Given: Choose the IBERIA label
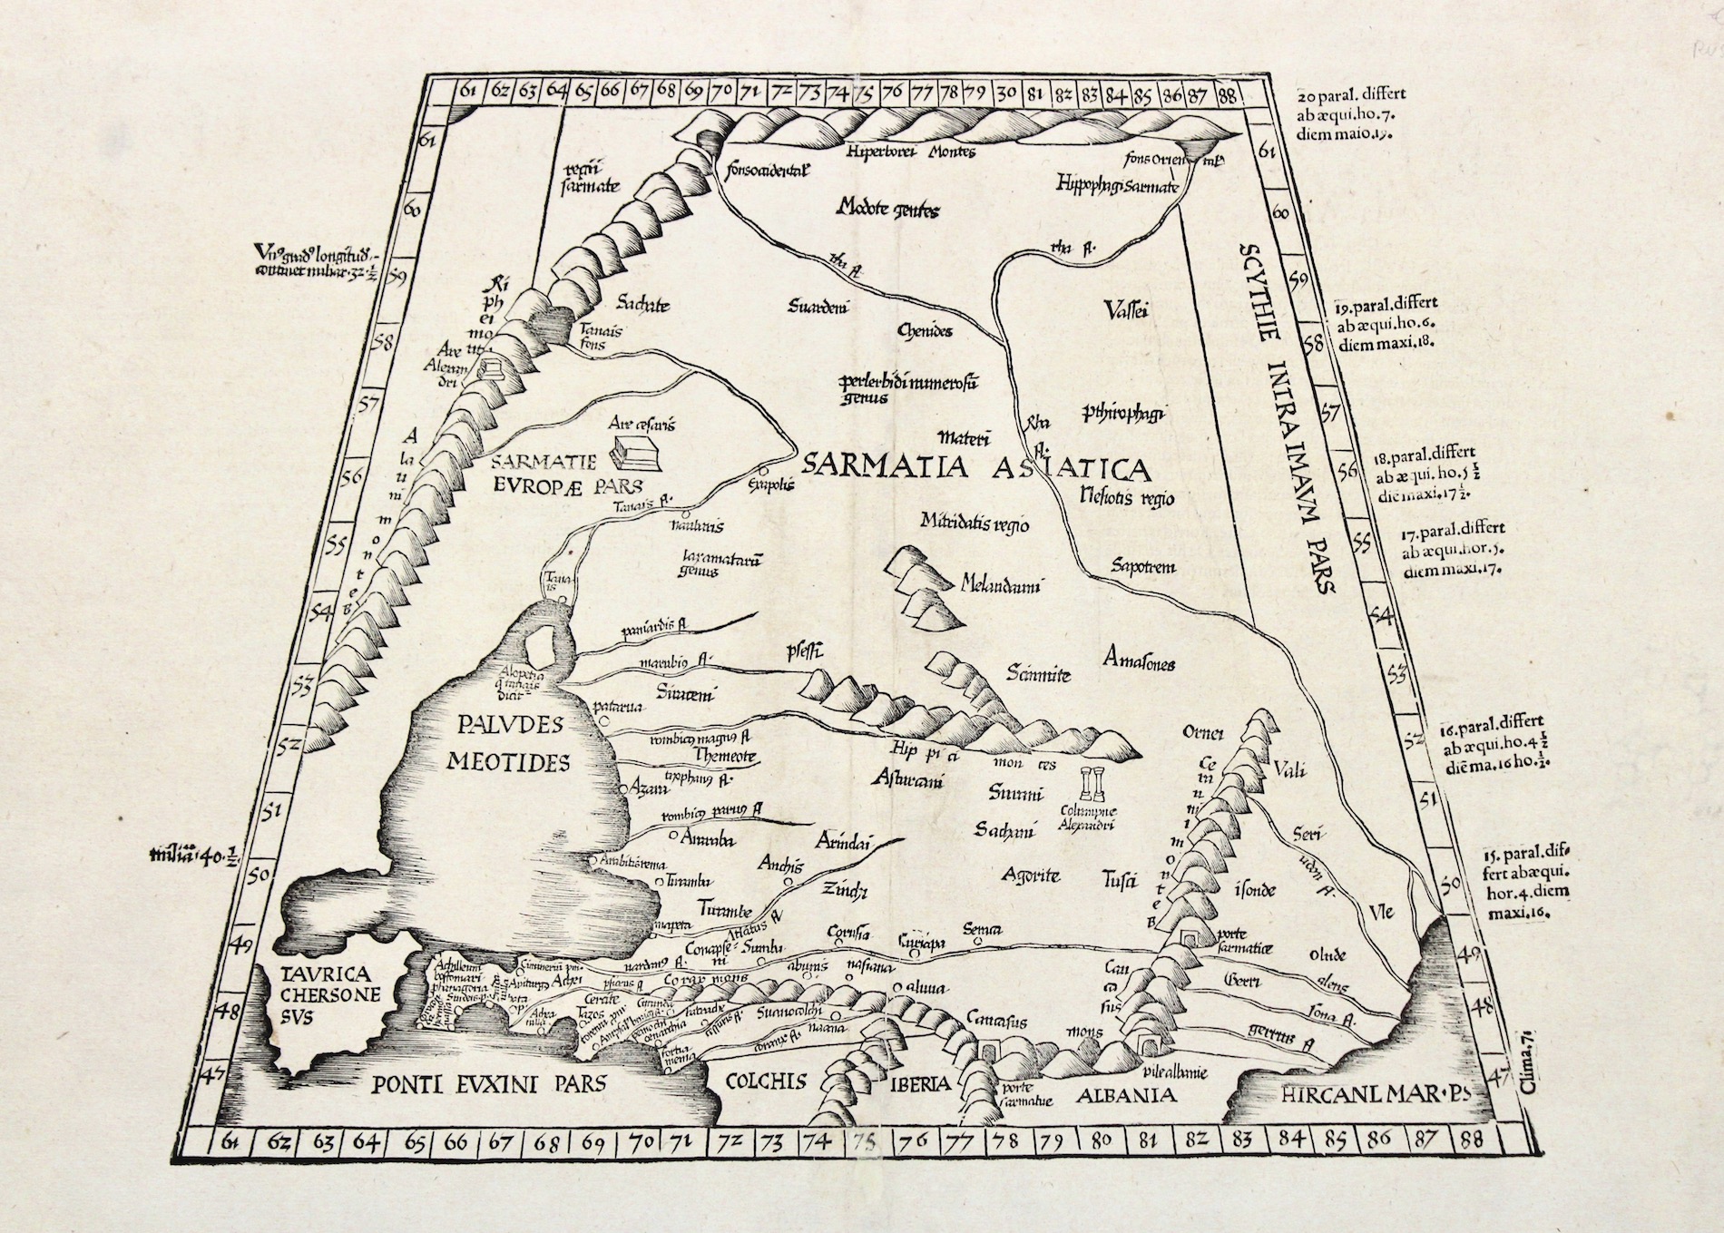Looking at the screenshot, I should tap(920, 1082).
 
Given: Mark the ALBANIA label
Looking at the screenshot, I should tap(1127, 1095).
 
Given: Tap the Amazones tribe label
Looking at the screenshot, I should tap(1140, 663).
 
